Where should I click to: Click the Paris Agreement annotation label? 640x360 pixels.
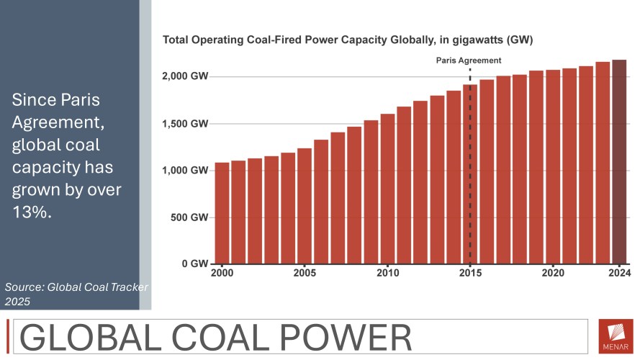tap(469, 60)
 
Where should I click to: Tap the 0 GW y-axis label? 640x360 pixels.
tap(196, 264)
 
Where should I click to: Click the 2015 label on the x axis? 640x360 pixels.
tap(470, 274)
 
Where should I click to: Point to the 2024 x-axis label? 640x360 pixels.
tap(619, 274)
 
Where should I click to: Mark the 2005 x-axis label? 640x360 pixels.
tap(305, 274)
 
